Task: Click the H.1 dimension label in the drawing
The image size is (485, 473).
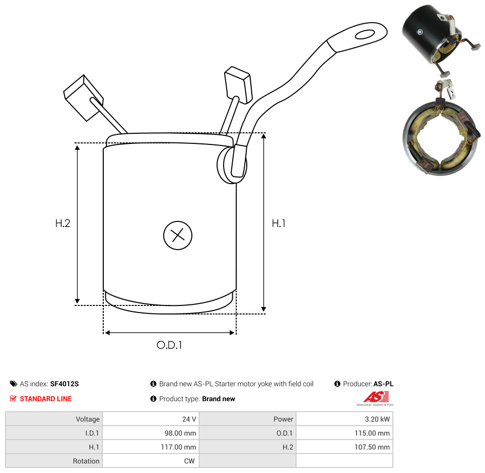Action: [279, 223]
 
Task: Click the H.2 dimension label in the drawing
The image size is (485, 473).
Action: [62, 223]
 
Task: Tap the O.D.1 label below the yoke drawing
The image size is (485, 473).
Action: [169, 345]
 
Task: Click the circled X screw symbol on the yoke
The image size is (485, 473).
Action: [178, 235]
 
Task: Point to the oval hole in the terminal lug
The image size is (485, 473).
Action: [365, 34]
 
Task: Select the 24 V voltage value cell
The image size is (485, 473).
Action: [189, 419]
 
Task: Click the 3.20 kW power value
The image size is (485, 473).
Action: [377, 419]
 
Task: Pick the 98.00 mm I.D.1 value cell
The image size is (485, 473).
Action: [180, 433]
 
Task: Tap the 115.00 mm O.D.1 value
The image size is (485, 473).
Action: [372, 433]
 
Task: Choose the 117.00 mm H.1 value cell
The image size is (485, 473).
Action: [178, 447]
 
